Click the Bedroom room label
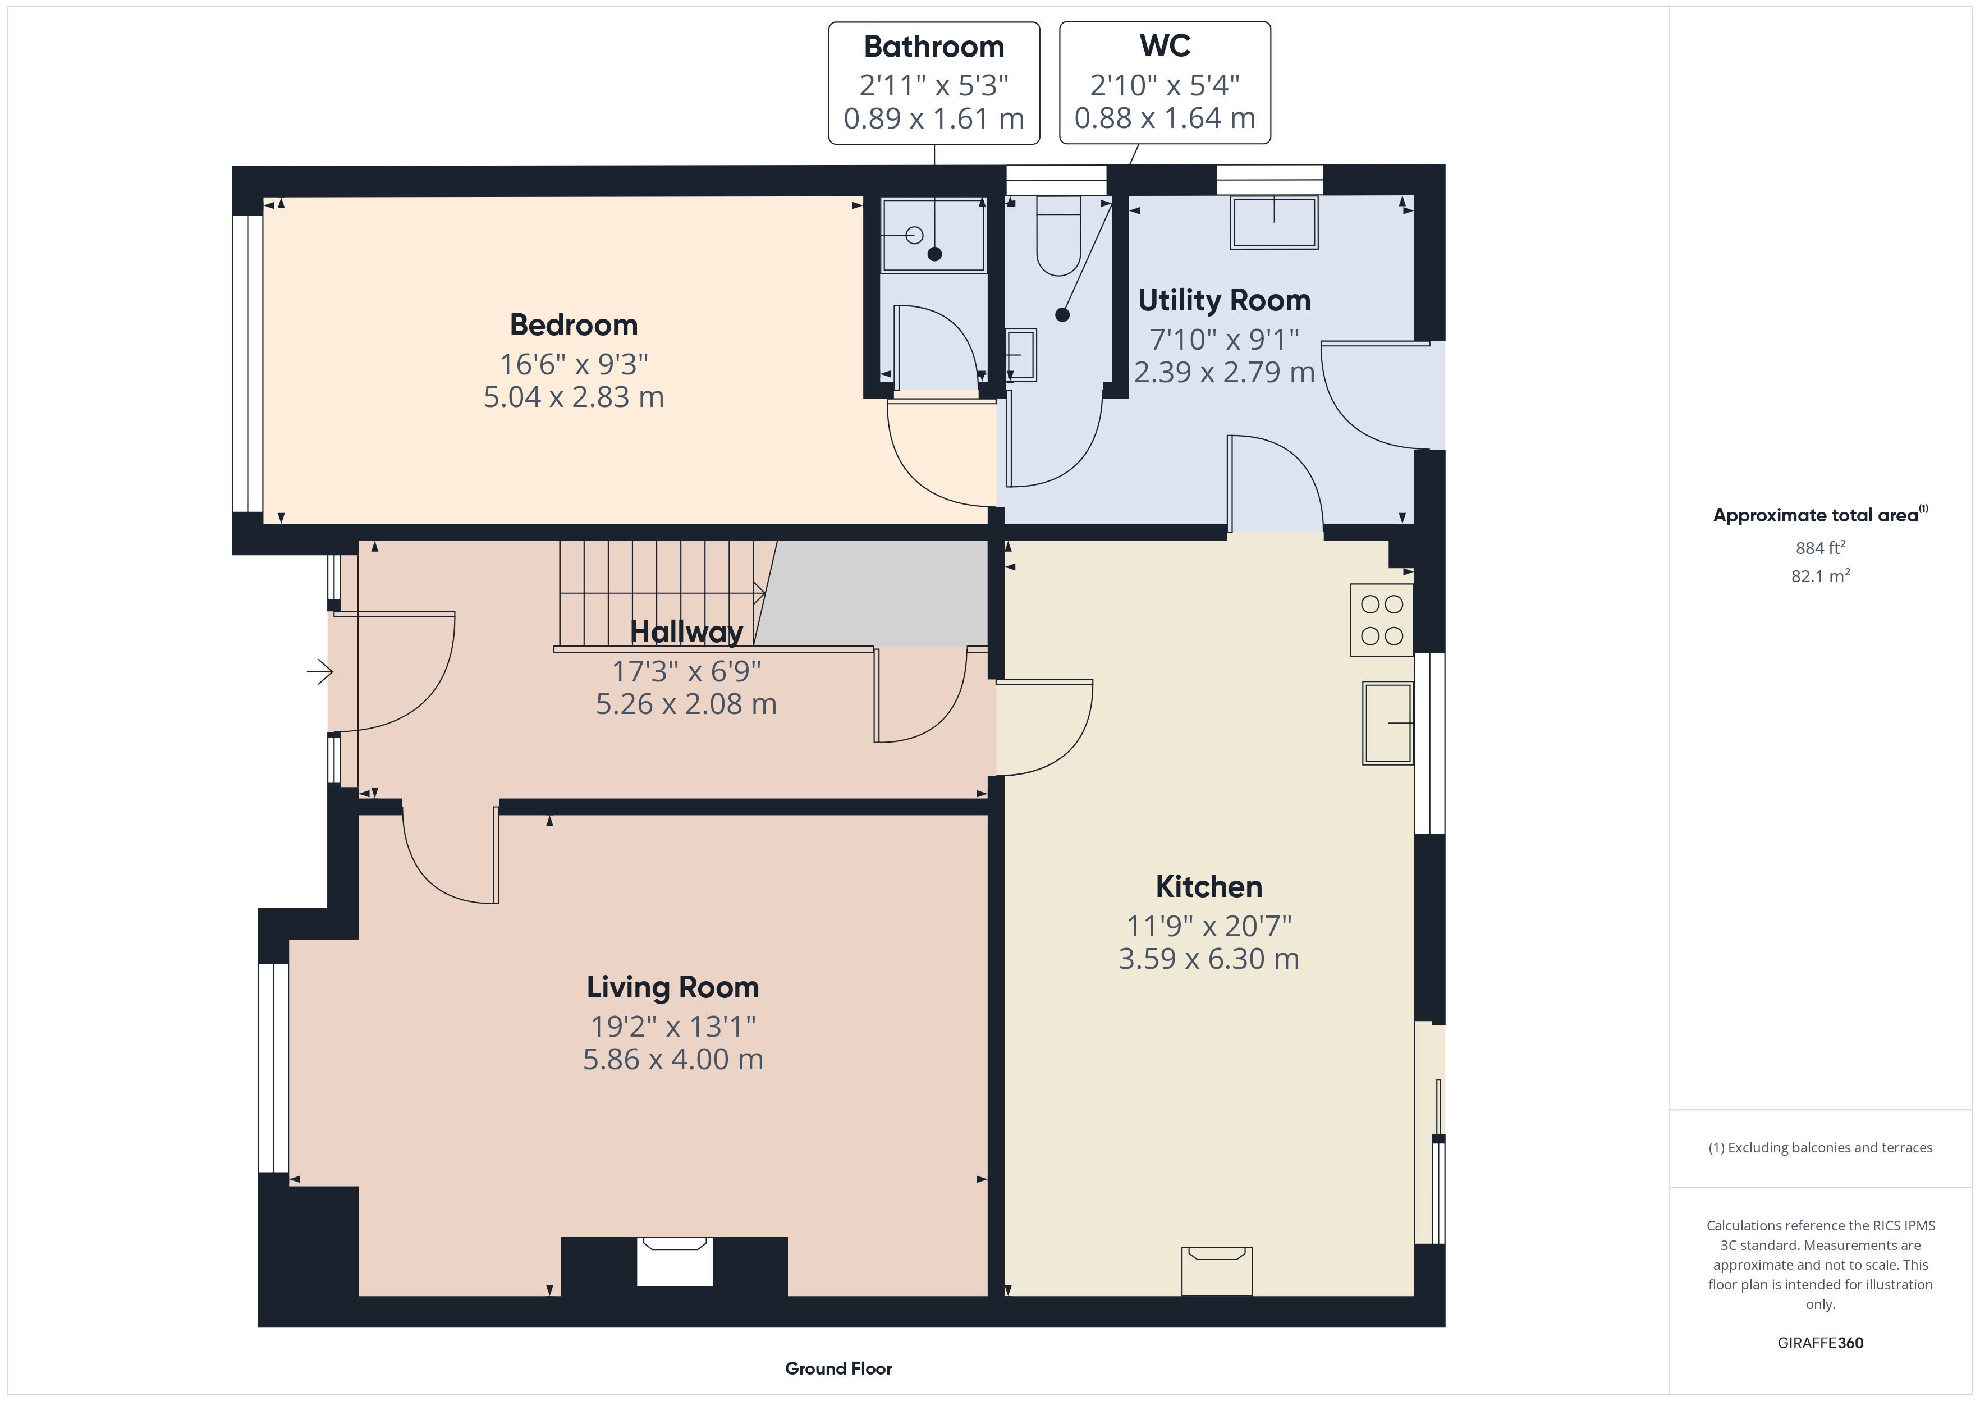pos(574,325)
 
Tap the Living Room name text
pos(673,987)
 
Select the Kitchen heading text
pos(1209,887)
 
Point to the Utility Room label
pos(1223,300)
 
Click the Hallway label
pos(686,633)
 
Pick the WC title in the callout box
pos(1165,45)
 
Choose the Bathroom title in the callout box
pos(934,47)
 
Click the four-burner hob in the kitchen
pos(1382,620)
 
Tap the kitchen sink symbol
pos(1387,723)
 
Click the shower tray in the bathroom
pos(934,235)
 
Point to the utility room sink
pos(1274,223)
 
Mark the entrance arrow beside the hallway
pos(320,671)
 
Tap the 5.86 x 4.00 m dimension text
pos(673,1059)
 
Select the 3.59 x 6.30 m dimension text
pos(1209,959)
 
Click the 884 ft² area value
pos(1819,548)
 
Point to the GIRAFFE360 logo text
pos(1821,1342)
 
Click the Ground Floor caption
pos(838,1368)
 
